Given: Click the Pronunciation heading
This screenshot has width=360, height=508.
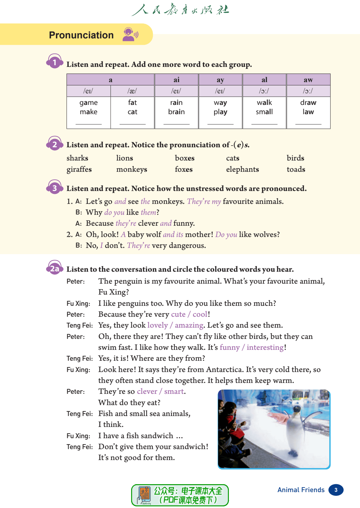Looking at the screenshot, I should tap(81, 35).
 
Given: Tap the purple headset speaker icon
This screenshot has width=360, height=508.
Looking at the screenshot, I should tap(130, 34).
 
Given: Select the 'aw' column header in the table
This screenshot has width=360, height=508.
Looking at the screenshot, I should tap(308, 80).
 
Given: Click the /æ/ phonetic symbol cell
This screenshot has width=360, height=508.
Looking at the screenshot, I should tap(132, 91).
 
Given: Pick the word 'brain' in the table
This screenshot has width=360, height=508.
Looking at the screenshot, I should tap(176, 112).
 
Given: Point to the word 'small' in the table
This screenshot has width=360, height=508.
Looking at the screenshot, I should tap(264, 112).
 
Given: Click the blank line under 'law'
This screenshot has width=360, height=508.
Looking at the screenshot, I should tap(308, 123).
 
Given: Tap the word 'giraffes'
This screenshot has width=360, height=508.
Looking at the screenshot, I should tap(79, 169).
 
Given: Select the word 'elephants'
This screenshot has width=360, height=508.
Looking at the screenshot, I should tap(242, 169).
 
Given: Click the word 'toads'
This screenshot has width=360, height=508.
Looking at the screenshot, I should tap(296, 169).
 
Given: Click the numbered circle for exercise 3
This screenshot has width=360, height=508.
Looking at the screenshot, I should tap(55, 188).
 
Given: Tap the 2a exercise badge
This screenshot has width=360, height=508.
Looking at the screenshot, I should tap(55, 269).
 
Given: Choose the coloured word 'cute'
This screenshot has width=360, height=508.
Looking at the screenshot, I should tap(178, 314).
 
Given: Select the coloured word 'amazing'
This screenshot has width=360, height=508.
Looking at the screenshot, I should tap(189, 325).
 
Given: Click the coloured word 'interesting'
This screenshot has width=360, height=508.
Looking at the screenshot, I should tap(265, 347).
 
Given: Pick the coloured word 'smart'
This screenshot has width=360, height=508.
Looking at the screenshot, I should tap(174, 392).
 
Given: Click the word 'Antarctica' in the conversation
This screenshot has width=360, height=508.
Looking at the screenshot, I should tap(224, 370).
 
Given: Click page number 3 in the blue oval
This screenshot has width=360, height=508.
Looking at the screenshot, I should tap(336, 490).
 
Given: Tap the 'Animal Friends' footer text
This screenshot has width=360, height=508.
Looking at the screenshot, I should tap(301, 490).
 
